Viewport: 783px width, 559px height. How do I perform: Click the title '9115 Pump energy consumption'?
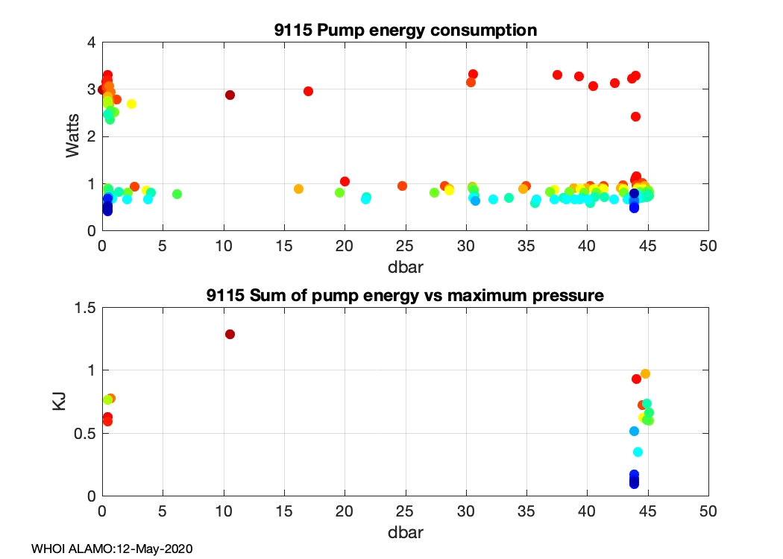pos(404,31)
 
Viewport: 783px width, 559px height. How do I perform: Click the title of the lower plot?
pos(404,295)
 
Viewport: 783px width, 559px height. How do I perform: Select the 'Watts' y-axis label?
pos(72,136)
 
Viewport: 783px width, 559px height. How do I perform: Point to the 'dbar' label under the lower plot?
pos(405,534)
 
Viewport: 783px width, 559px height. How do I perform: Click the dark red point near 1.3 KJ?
pos(230,334)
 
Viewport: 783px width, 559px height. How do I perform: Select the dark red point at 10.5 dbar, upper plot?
pos(230,95)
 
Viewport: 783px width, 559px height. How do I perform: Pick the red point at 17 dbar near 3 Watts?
pos(308,91)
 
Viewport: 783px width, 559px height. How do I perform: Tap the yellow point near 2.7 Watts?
pos(131,104)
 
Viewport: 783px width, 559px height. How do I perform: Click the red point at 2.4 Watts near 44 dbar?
pos(635,116)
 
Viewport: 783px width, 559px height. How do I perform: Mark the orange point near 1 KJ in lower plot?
pos(645,373)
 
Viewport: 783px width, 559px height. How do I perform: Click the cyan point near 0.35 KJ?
pos(638,452)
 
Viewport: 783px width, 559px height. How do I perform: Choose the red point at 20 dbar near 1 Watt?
pos(345,181)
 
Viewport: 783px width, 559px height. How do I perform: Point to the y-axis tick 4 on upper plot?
pos(92,42)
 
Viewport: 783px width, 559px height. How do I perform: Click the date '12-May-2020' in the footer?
pos(161,549)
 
